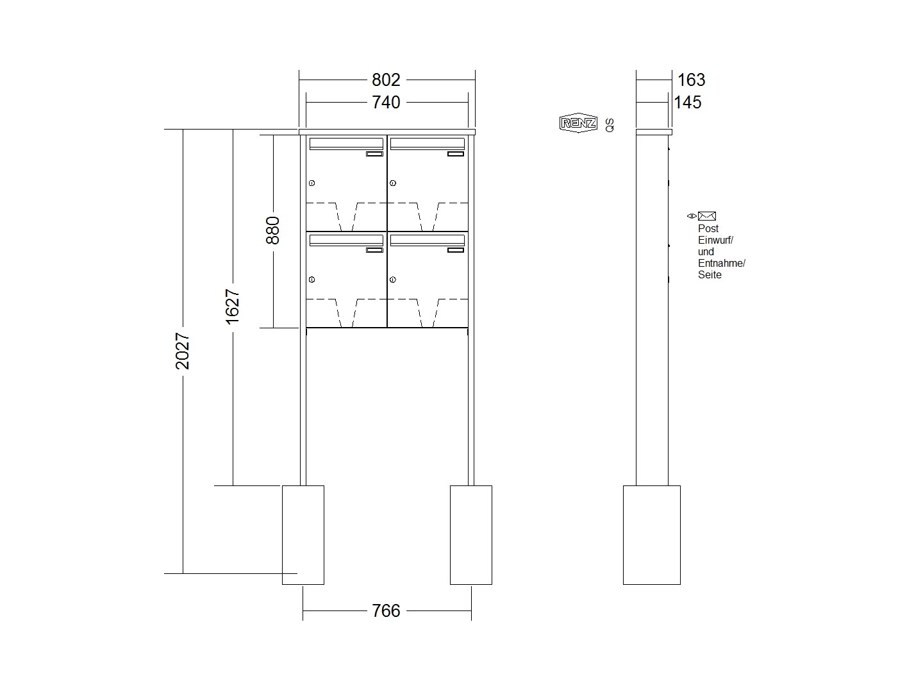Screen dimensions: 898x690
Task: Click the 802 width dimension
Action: point(386,80)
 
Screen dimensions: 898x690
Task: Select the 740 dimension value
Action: point(386,102)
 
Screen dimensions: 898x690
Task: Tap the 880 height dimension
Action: point(273,230)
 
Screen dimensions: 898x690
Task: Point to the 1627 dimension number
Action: point(232,307)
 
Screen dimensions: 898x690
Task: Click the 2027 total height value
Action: point(182,351)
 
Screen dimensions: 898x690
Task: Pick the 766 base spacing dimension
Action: point(386,610)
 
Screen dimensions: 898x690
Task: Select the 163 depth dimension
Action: point(692,80)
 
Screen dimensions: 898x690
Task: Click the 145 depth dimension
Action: point(688,102)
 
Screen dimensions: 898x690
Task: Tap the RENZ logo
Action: point(578,122)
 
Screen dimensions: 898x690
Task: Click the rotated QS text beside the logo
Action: point(610,125)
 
